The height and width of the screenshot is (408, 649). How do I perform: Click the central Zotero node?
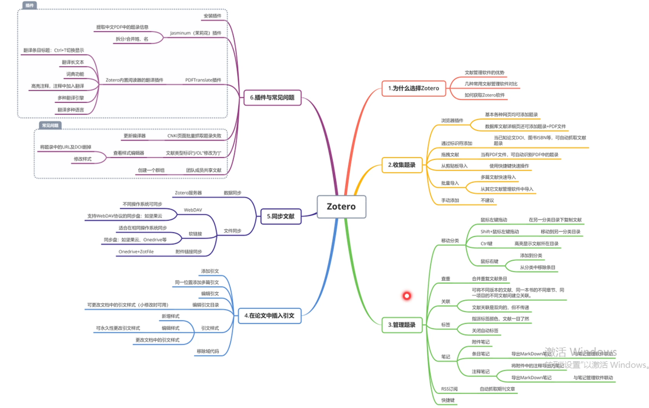[x=341, y=206]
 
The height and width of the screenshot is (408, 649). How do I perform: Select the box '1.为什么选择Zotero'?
[x=413, y=88]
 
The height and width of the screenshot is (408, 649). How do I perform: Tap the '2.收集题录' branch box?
[x=402, y=165]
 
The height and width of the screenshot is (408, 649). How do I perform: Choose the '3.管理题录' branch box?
[x=402, y=325]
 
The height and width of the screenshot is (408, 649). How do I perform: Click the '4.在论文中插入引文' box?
[x=269, y=315]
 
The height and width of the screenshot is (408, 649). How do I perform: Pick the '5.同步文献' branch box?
[x=281, y=216]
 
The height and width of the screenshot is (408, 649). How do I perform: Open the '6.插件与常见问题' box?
[x=272, y=97]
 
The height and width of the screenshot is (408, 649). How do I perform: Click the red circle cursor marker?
[x=407, y=296]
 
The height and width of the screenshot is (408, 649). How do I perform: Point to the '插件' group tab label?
[x=30, y=5]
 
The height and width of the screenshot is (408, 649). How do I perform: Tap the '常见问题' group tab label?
[x=50, y=125]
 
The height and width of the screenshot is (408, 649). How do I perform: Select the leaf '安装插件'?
[x=212, y=16]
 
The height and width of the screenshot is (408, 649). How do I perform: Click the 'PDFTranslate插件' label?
[x=203, y=80]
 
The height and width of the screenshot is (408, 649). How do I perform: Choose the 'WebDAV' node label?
[x=193, y=210]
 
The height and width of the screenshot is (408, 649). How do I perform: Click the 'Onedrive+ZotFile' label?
[x=136, y=251]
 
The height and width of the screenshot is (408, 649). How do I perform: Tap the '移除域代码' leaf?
[x=208, y=351]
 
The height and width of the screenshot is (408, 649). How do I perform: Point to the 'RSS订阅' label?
[x=449, y=389]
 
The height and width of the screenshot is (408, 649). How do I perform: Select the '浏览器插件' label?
[x=452, y=120]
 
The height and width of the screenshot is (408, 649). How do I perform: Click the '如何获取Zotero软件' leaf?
[x=484, y=95]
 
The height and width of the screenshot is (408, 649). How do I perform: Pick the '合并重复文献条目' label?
[x=489, y=278]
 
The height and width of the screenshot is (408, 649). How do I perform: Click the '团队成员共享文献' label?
[x=203, y=170]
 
